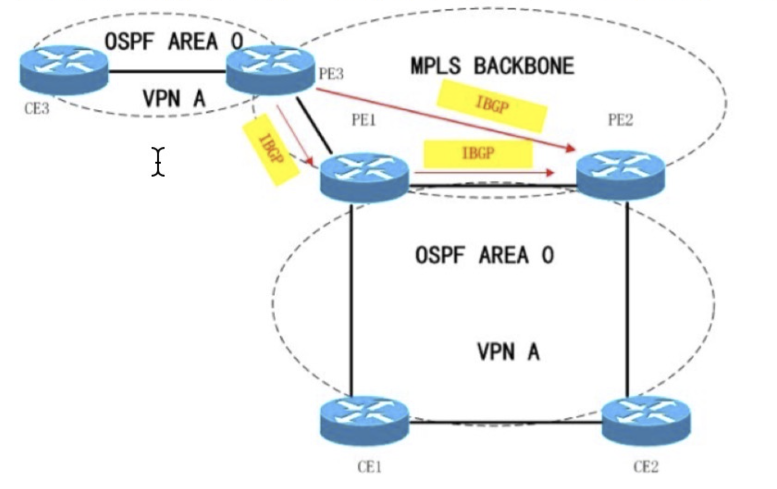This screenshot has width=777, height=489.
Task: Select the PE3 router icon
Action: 270,70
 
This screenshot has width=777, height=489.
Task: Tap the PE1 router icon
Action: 364,177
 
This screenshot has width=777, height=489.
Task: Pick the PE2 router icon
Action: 620,175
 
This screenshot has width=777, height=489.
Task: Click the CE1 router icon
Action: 364,421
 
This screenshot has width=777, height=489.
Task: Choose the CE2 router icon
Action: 646,421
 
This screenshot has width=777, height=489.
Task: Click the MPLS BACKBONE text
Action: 492,66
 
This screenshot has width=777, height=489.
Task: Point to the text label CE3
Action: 37,108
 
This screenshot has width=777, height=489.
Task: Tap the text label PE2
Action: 620,120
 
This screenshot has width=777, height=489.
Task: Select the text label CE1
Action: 369,467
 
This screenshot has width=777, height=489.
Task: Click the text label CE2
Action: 645,467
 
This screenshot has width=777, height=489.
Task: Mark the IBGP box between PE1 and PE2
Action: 478,154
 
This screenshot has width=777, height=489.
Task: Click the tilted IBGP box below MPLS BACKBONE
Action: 491,105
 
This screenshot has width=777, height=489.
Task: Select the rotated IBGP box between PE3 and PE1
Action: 270,149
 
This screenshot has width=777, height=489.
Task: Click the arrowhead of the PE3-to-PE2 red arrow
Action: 570,147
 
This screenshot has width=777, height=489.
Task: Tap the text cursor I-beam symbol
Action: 158,161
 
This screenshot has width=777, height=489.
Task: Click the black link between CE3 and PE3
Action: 166,72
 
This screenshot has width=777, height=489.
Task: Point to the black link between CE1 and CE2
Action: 505,423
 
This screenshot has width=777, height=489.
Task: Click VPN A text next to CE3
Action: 174,99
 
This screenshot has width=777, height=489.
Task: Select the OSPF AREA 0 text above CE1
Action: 484,255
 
